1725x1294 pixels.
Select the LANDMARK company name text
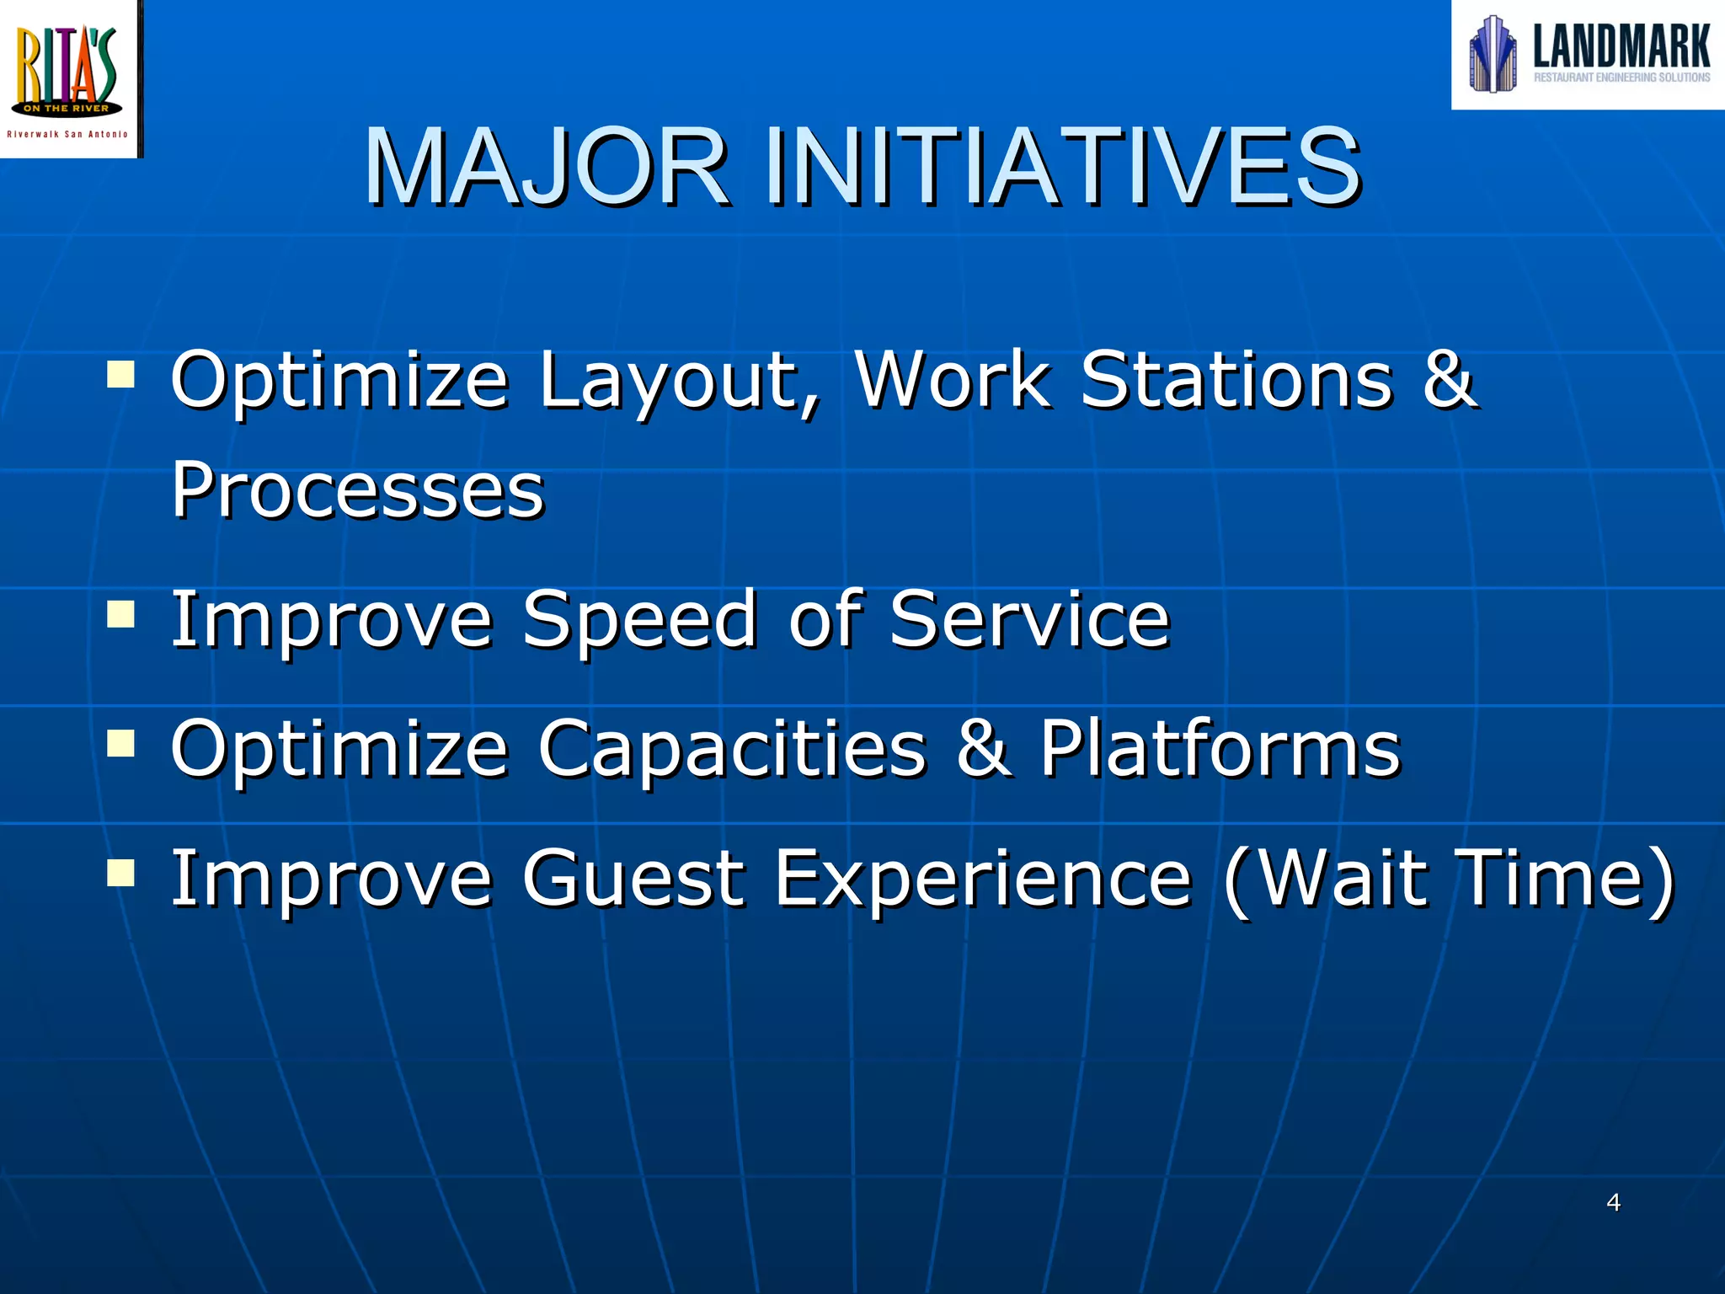[1621, 46]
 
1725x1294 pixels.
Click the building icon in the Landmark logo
[1492, 54]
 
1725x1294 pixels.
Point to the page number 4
[1613, 1202]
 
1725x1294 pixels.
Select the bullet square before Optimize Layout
[121, 373]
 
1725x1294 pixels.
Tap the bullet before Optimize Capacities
[121, 743]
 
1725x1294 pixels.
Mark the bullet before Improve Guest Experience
[121, 873]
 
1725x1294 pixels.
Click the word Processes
[358, 490]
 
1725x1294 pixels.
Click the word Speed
[640, 621]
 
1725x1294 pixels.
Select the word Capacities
[731, 750]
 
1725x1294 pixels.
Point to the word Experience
[982, 880]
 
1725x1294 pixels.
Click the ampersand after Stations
[1448, 380]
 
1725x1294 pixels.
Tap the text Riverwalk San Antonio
[67, 135]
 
